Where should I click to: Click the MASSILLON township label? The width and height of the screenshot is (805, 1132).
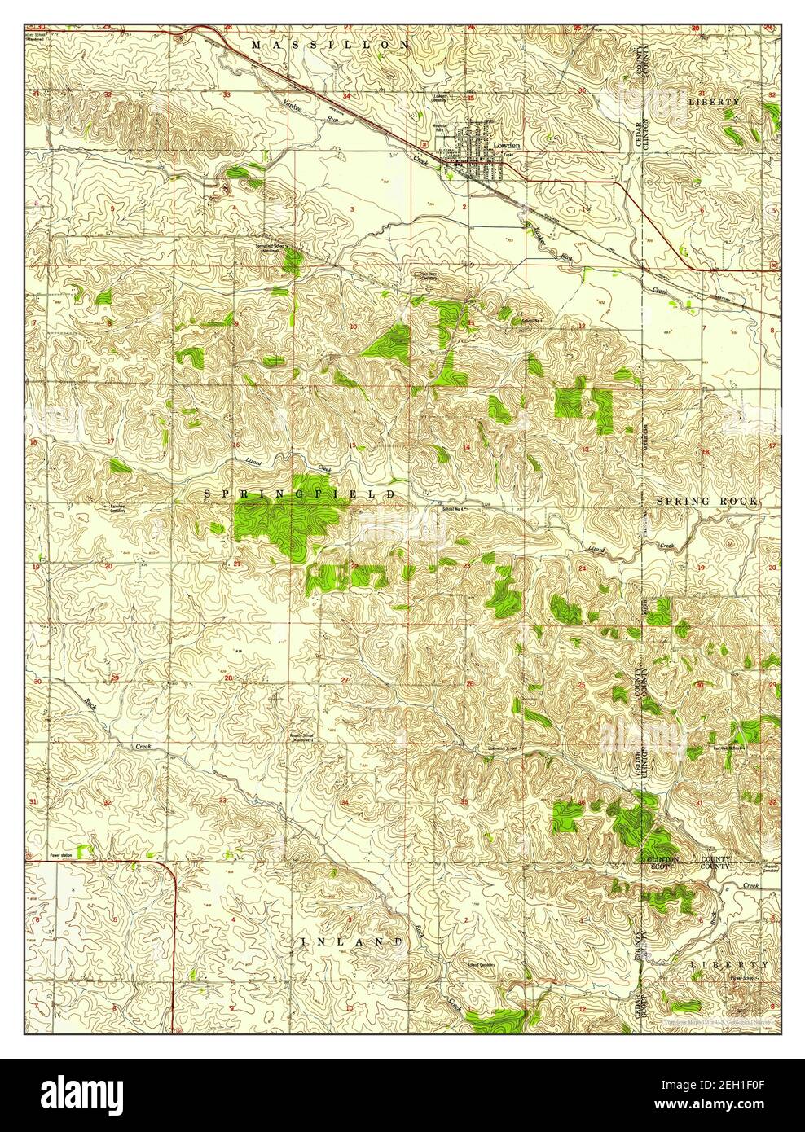tap(330, 45)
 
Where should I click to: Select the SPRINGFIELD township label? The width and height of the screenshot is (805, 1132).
tap(299, 494)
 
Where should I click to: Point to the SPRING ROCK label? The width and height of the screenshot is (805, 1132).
tap(706, 501)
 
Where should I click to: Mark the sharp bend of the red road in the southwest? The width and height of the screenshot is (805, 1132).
tap(174, 871)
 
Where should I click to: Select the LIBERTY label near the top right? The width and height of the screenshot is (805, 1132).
tap(714, 102)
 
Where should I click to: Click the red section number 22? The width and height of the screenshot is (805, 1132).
tap(354, 564)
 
